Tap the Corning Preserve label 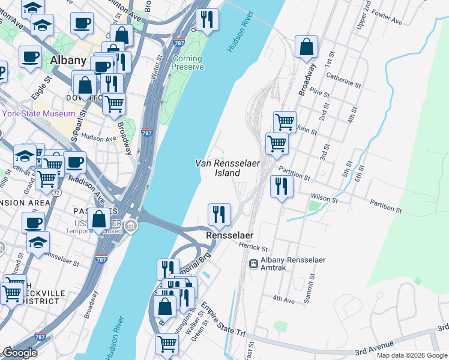pos(188,62)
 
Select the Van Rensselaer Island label pos(218,168)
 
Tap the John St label pos(306,128)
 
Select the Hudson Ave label pos(98,137)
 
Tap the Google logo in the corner pos(20,353)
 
